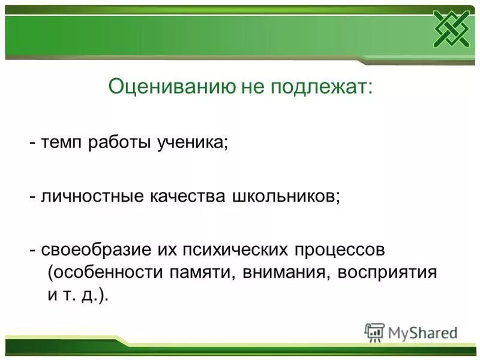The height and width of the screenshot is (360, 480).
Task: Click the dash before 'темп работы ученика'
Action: (34, 144)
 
